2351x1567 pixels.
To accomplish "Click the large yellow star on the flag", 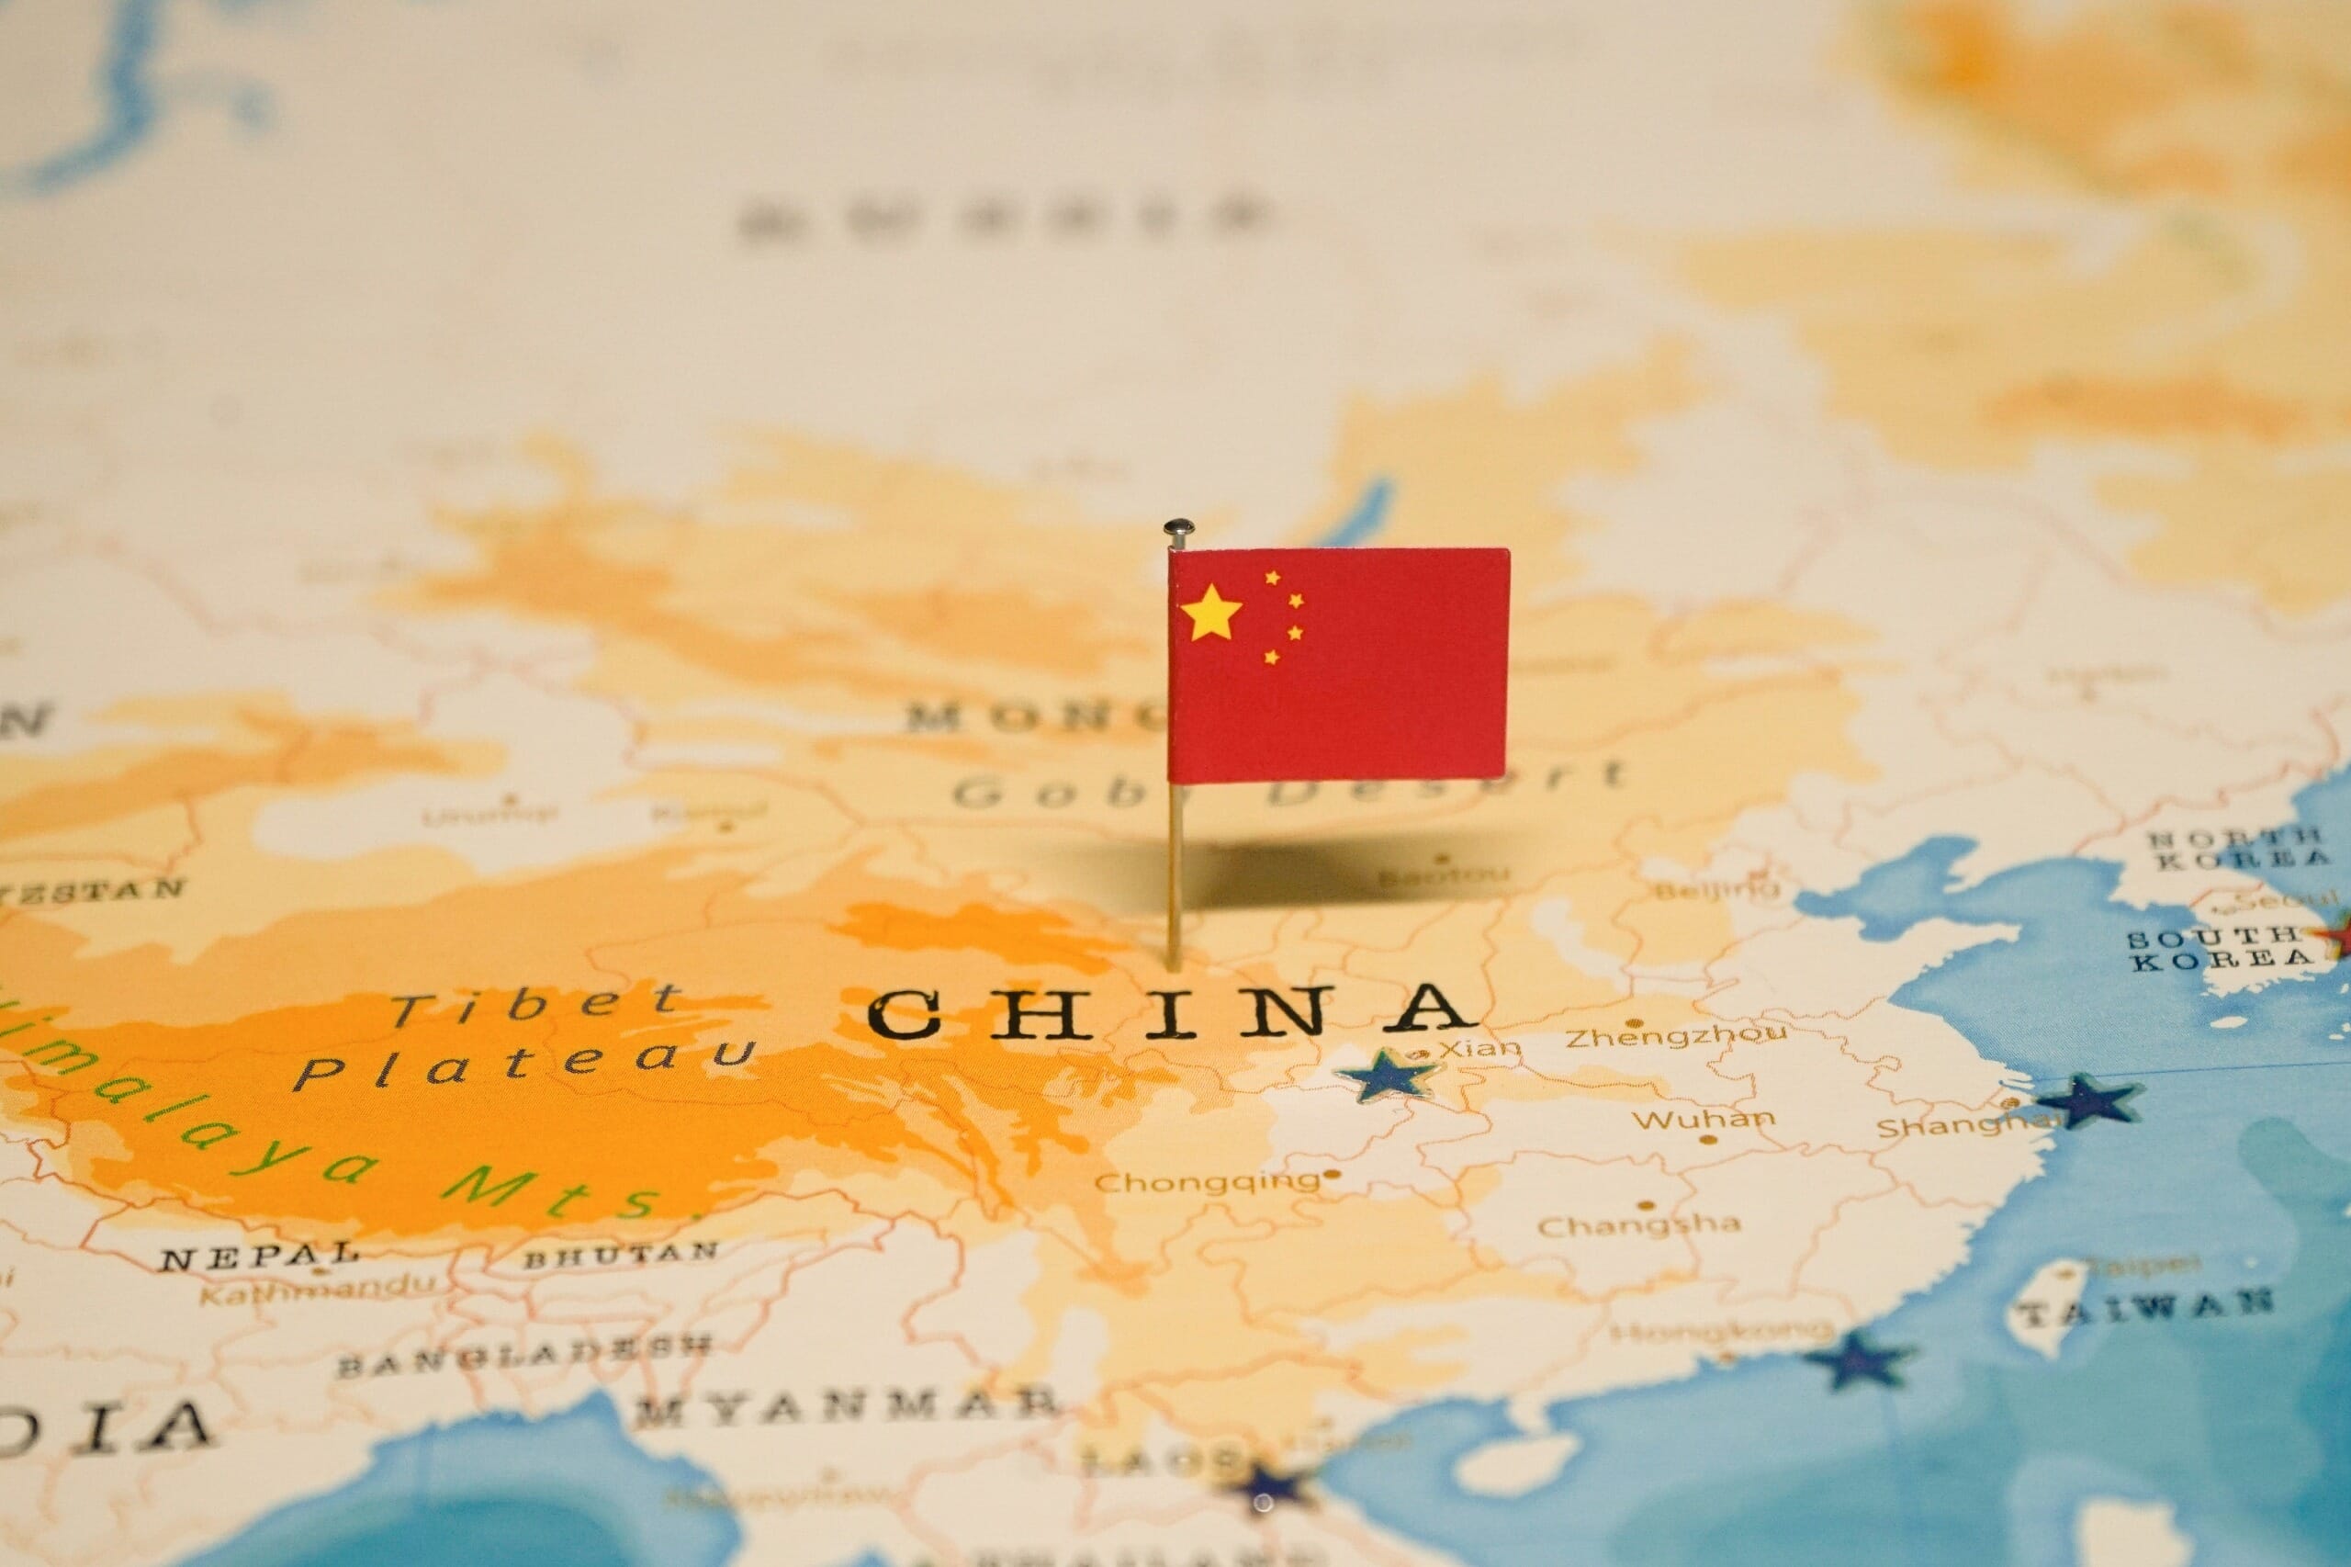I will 1211,612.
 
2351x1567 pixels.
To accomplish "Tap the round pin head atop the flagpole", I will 1178,527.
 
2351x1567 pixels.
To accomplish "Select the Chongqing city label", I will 1208,1182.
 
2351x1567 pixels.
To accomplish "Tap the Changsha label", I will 1638,1224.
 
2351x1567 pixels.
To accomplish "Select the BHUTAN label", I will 621,1253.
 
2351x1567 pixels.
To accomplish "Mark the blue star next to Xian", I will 1389,1076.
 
